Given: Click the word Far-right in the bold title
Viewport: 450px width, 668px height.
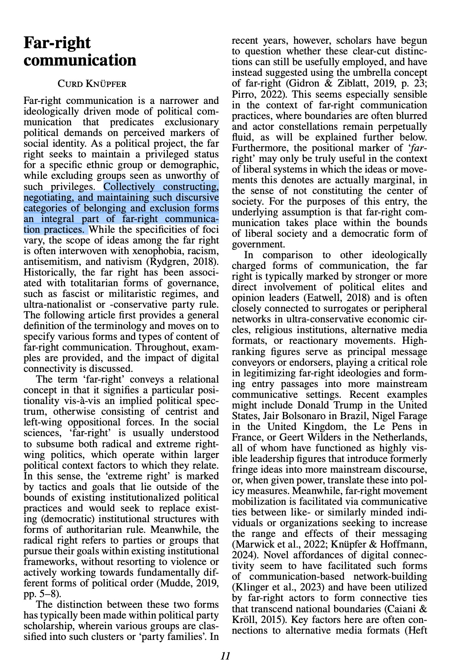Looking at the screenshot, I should pyautogui.click(x=57, y=43).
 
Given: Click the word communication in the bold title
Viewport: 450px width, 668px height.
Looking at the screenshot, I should pyautogui.click(x=80, y=60).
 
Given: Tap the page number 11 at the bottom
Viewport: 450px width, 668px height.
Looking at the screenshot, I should pyautogui.click(x=225, y=656).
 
